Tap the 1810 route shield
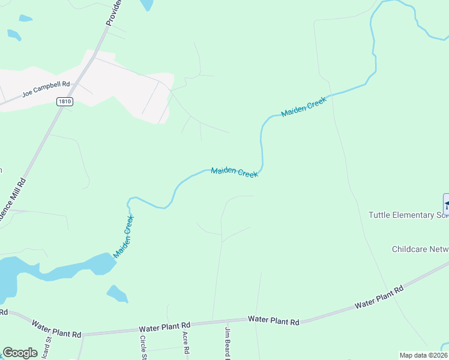[x=65, y=102]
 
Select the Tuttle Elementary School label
[x=408, y=215]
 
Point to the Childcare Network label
[x=420, y=248]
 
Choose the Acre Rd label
[x=186, y=342]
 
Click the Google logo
[x=20, y=353]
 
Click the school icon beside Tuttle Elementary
[x=446, y=202]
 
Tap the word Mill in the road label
[x=20, y=188]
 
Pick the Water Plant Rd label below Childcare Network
[x=378, y=298]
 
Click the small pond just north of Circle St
[x=116, y=293]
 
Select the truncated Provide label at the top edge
[x=113, y=12]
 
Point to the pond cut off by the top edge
[x=146, y=4]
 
